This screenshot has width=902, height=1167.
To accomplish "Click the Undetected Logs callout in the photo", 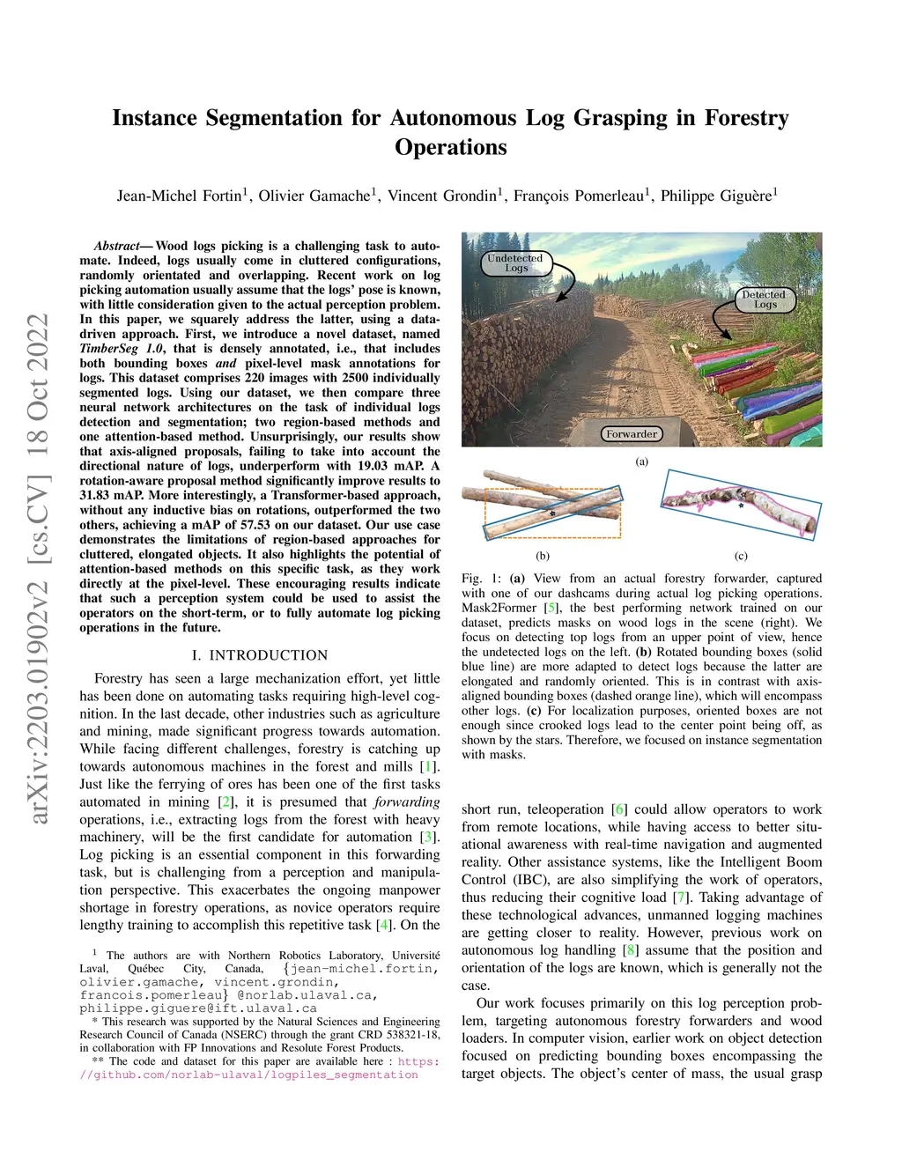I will (516, 263).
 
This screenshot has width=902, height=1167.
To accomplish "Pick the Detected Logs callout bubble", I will (765, 299).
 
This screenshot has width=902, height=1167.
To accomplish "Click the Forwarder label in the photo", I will (632, 433).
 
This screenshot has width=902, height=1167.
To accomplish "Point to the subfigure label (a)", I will (641, 462).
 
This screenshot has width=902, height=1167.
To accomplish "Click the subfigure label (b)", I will (543, 556).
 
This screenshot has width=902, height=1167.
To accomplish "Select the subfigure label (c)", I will (741, 556).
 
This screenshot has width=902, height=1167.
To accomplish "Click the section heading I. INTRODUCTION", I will (260, 655).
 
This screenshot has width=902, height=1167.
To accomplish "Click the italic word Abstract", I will (117, 246).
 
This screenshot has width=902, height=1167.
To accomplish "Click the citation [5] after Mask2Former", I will (551, 608).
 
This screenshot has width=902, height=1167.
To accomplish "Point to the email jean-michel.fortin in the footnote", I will (362, 968).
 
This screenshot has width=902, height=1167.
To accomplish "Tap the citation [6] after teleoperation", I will (619, 809).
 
